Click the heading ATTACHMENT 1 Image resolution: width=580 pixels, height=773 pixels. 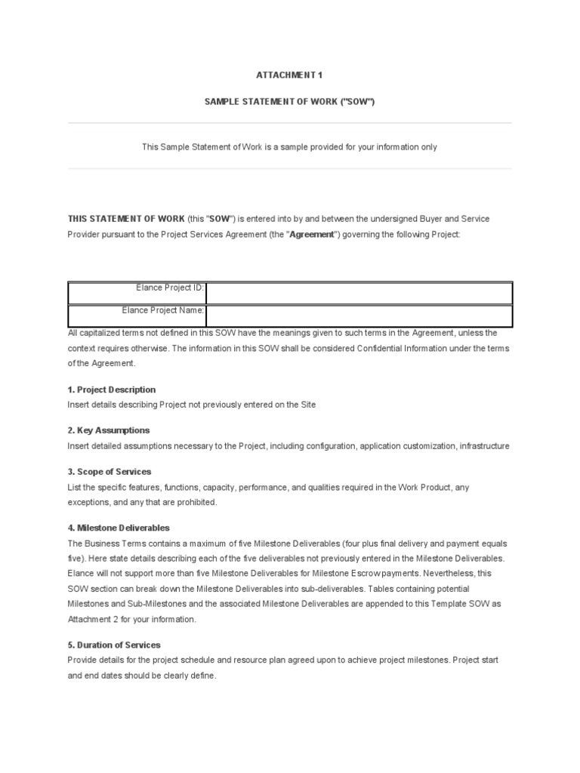point(289,75)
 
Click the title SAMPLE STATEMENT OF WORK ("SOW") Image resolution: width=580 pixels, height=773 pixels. point(289,101)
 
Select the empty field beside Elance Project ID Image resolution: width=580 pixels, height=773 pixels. point(359,293)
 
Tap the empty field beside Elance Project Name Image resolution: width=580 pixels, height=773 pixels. point(359,316)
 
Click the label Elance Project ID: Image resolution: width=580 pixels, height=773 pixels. point(170,288)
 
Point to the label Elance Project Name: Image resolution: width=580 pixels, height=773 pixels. point(163,310)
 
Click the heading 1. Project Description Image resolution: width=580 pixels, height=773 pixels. point(112,390)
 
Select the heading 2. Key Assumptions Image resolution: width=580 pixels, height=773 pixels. point(109,430)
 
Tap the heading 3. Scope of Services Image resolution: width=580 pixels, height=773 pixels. point(110,472)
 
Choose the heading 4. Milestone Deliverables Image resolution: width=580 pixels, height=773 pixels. point(119,528)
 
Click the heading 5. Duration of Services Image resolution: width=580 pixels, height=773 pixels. point(114,645)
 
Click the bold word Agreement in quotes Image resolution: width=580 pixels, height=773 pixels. point(313,235)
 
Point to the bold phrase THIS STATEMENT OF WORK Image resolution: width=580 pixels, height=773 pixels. point(125,219)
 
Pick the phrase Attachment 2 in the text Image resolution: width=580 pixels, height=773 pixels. point(91,619)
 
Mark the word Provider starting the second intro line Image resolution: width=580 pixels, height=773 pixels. point(85,235)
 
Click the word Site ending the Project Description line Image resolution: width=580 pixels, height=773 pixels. point(307,405)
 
